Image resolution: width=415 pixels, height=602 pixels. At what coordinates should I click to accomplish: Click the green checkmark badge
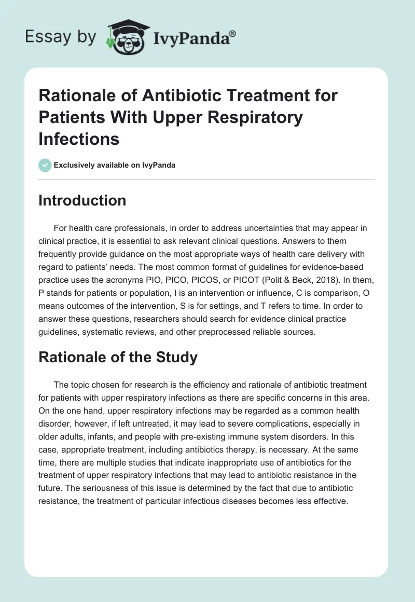click(45, 165)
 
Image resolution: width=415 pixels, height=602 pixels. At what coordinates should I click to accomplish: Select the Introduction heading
click(82, 200)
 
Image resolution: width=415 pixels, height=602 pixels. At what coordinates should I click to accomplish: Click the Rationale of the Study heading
click(118, 357)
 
